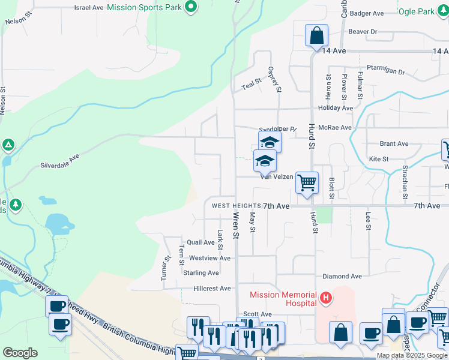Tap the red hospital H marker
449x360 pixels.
tap(325, 298)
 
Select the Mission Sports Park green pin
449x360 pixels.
tap(191, 8)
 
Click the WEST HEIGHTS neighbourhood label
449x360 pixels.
tap(236, 206)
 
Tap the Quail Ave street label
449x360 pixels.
tap(200, 243)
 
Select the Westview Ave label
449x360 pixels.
tap(209, 258)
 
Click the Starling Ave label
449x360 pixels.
tap(201, 272)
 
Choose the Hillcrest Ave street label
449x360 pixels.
tap(212, 289)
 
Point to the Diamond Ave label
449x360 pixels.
tap(342, 277)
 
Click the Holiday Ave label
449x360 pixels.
tap(336, 108)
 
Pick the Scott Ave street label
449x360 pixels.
tap(258, 314)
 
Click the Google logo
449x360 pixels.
tap(20, 353)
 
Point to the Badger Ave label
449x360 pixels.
tap(367, 13)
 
